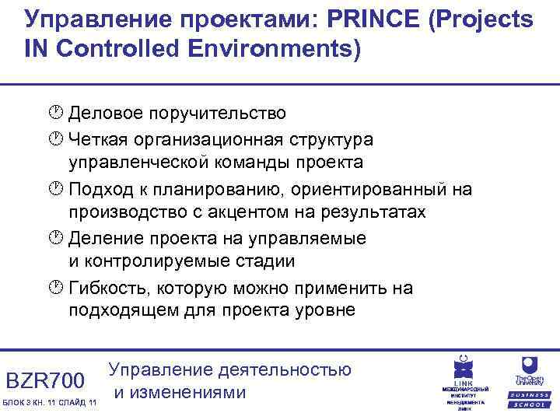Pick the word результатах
tap(374, 212)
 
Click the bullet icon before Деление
tap(55, 238)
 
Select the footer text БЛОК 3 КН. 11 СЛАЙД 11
tap(50, 401)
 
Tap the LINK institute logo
tap(464, 380)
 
